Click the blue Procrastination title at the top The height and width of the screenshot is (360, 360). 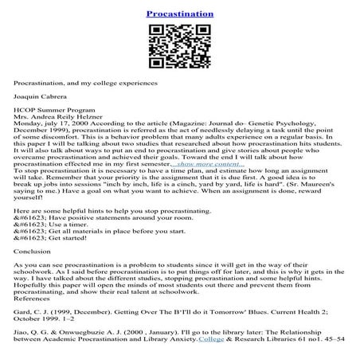click(180, 14)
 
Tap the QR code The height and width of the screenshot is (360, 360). click(180, 47)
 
